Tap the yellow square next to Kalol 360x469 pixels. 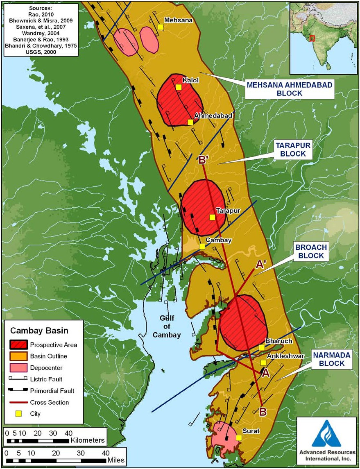(x=179, y=87)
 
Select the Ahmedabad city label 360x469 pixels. (x=213, y=116)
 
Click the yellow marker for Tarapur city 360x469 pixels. (x=212, y=218)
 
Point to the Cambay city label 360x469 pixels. (x=219, y=240)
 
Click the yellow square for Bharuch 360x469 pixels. (x=262, y=348)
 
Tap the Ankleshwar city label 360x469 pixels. (x=285, y=356)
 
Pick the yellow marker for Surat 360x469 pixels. (x=239, y=437)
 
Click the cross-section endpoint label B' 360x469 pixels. (x=204, y=160)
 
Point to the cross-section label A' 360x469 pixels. (x=261, y=265)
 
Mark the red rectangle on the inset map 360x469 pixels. (x=312, y=38)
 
